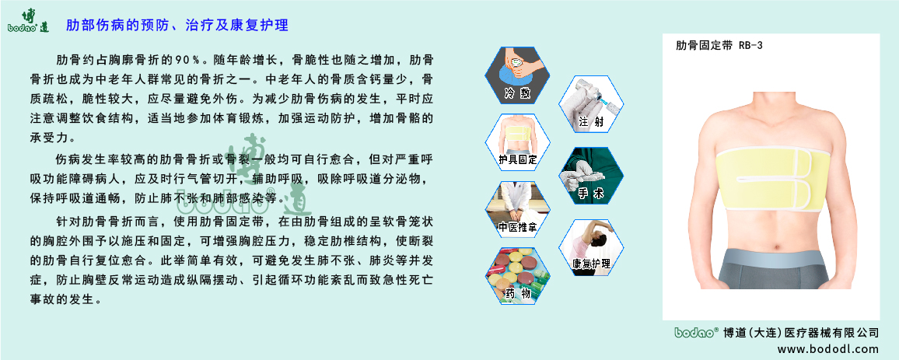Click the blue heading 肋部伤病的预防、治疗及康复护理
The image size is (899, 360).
coord(177,26)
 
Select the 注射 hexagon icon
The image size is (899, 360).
coord(590,103)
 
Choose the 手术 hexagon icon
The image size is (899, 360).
coord(590,176)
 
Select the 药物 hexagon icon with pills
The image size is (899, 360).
coord(518,275)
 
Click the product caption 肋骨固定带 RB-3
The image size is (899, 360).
coord(719,46)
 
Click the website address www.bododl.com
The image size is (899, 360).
coord(828,349)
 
